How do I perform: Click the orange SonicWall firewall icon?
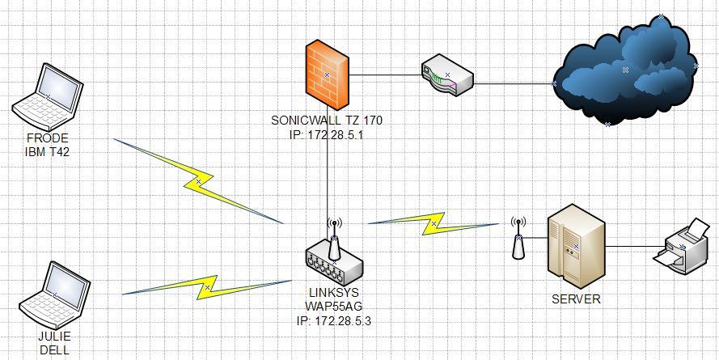click(x=328, y=75)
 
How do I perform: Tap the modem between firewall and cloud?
click(x=447, y=74)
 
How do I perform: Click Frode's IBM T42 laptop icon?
click(x=48, y=97)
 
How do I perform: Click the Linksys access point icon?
click(x=333, y=256)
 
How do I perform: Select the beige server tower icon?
click(x=575, y=245)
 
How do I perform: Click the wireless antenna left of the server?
click(x=518, y=239)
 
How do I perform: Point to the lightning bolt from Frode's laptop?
click(x=198, y=180)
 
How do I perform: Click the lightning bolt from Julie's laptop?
click(x=208, y=287)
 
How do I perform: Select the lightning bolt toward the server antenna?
click(x=434, y=222)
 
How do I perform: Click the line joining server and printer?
click(x=634, y=246)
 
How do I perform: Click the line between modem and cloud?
click(x=514, y=83)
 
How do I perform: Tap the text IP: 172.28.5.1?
click(x=327, y=134)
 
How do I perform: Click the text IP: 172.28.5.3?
click(x=334, y=320)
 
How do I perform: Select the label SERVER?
click(x=576, y=299)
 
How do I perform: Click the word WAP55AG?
click(x=334, y=306)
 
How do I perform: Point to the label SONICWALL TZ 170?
click(x=327, y=121)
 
